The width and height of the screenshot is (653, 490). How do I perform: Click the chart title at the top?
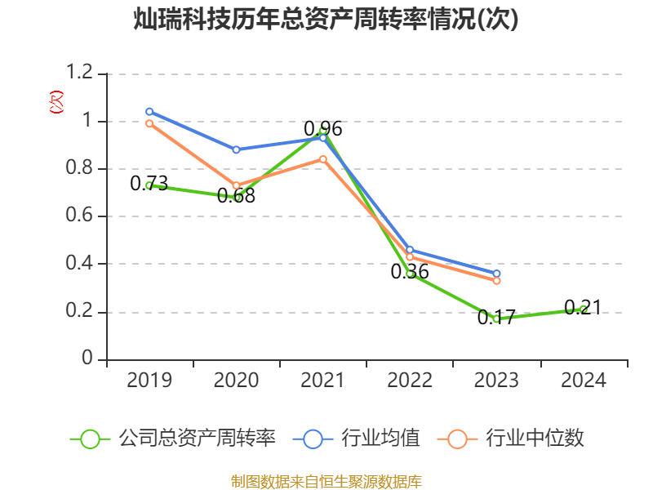click(x=326, y=20)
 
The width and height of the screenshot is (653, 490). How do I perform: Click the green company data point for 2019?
click(x=149, y=185)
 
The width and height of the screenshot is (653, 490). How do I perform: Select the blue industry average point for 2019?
click(x=149, y=111)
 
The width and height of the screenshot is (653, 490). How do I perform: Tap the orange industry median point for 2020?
click(x=236, y=185)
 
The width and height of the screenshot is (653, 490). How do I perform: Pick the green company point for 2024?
click(x=583, y=309)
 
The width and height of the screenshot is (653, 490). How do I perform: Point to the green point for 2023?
click(x=496, y=318)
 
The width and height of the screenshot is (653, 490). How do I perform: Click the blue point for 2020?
click(x=236, y=149)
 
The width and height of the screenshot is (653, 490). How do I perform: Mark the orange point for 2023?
click(x=496, y=280)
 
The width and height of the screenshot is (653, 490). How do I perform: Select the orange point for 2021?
click(x=323, y=159)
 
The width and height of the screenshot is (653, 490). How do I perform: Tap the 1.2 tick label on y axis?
click(x=82, y=73)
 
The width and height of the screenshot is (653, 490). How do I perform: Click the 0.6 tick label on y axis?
click(x=82, y=216)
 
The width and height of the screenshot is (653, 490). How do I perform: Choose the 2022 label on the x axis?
click(x=410, y=380)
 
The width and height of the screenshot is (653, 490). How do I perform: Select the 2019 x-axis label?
click(x=149, y=380)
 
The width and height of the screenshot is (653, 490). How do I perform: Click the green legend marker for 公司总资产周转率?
click(x=90, y=439)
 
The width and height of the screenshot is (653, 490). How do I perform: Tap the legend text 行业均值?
click(x=380, y=439)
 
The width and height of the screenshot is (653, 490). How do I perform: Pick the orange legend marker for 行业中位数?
click(x=457, y=439)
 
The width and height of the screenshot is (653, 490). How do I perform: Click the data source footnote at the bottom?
click(x=326, y=481)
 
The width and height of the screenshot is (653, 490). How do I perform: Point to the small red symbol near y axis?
click(x=56, y=102)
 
